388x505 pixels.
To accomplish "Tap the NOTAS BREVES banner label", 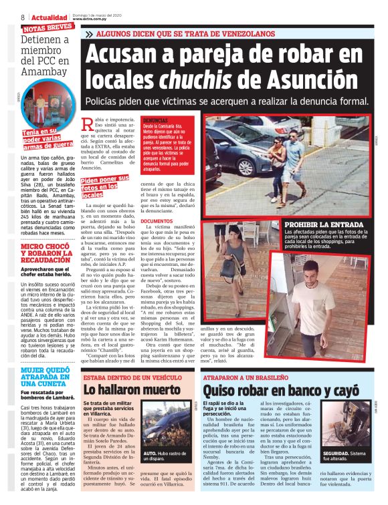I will [47, 29].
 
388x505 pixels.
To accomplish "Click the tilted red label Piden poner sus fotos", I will [104, 186].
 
